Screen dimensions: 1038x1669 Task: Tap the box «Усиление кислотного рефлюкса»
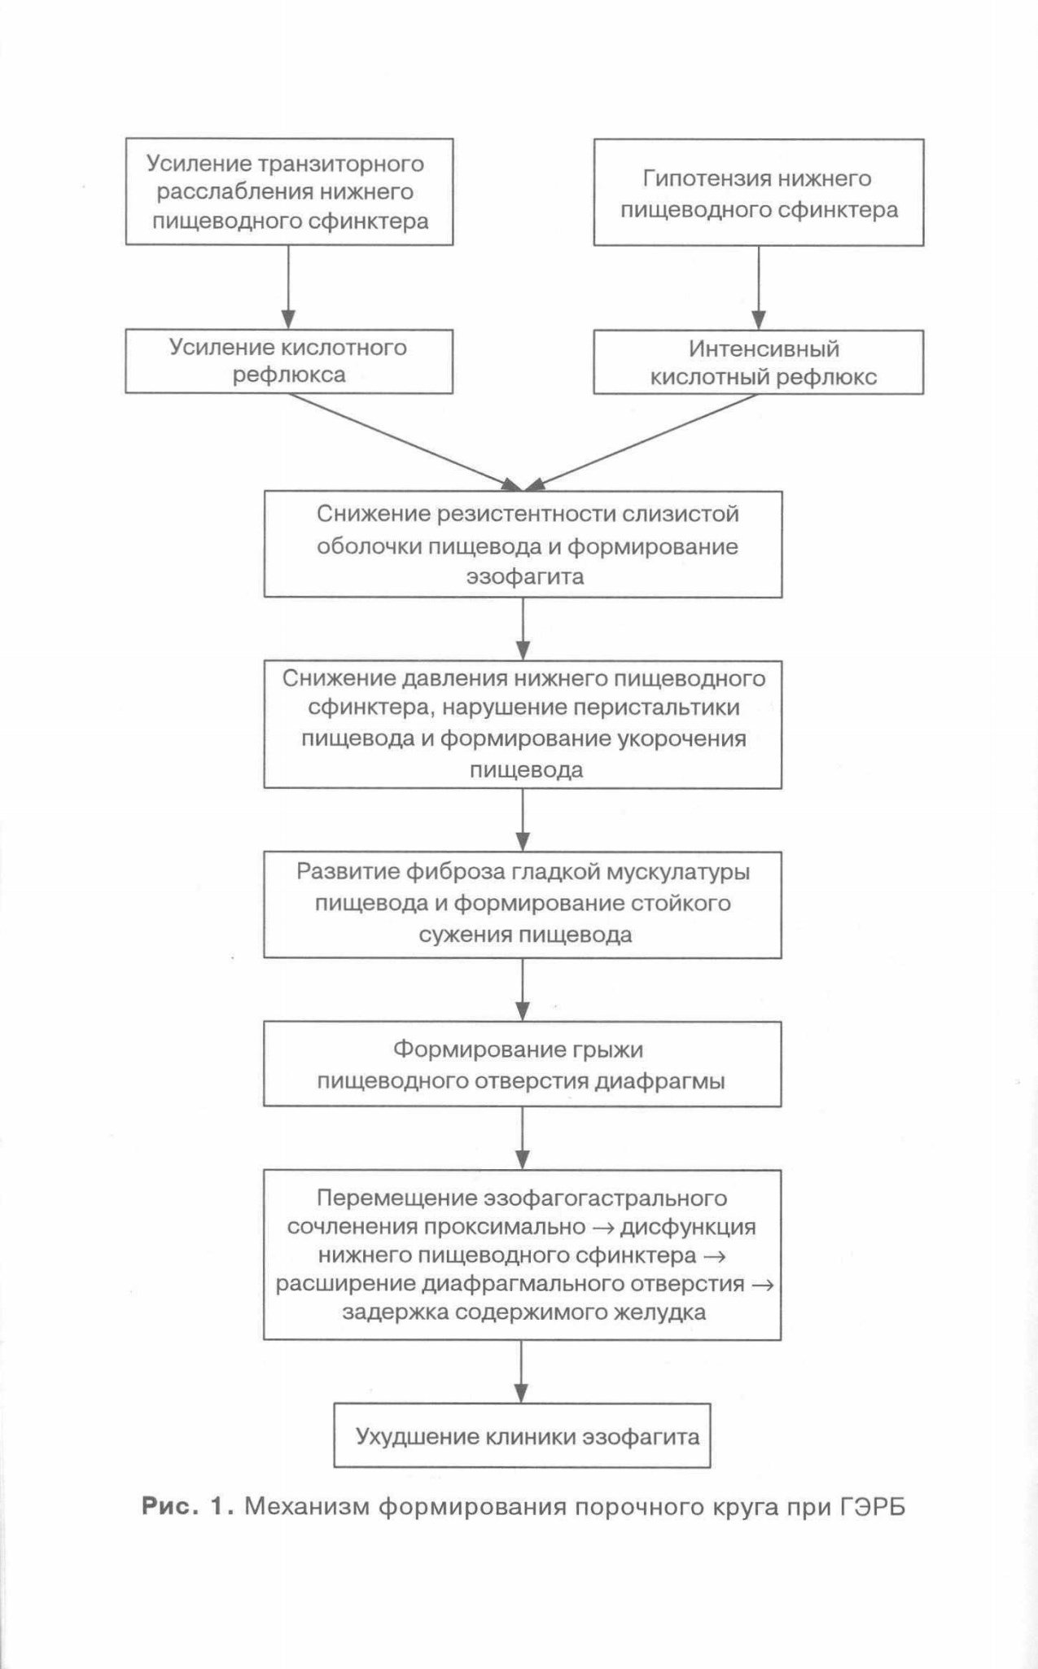(x=289, y=361)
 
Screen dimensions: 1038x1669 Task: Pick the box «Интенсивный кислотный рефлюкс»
(x=758, y=362)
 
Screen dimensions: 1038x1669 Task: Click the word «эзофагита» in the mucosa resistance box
(x=525, y=577)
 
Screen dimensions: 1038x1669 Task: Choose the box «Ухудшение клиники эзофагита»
(x=522, y=1435)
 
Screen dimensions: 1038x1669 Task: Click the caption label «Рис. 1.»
(x=188, y=1507)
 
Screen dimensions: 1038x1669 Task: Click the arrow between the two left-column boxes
(x=288, y=287)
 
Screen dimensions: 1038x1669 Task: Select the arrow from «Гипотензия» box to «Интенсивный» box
(x=759, y=287)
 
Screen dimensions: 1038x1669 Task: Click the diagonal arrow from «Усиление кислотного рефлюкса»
(x=405, y=442)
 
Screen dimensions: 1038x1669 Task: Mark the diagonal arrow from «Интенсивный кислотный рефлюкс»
(x=642, y=443)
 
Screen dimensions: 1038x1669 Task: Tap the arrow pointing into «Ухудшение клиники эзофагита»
(x=522, y=1371)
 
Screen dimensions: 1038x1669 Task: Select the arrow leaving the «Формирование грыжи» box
(x=523, y=1138)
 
